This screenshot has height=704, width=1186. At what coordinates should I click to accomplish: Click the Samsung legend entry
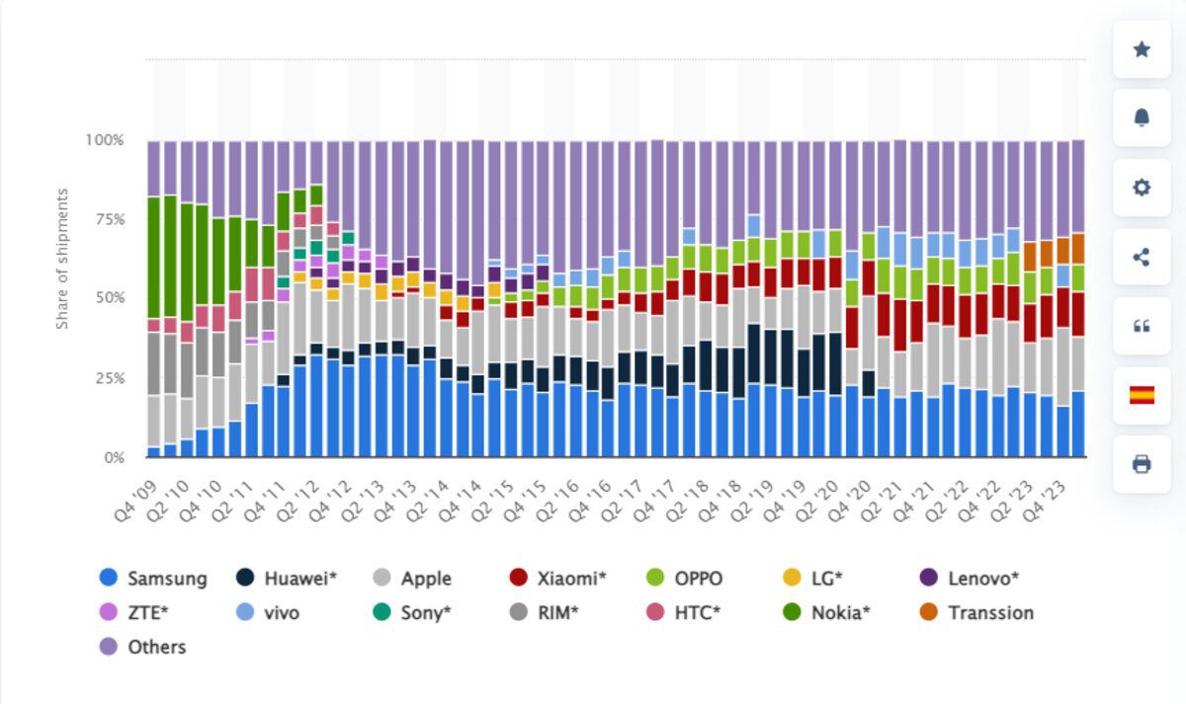click(153, 579)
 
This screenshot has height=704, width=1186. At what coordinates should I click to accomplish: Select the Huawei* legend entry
click(288, 579)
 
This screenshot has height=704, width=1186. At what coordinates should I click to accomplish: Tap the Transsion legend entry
click(977, 613)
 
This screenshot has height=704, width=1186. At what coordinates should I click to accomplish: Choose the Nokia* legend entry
click(828, 613)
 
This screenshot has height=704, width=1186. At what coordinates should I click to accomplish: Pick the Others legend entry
click(143, 648)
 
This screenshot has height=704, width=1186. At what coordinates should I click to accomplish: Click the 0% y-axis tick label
click(114, 458)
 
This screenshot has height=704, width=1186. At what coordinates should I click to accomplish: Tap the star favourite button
click(1142, 49)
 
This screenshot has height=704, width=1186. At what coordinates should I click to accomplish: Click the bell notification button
click(1142, 118)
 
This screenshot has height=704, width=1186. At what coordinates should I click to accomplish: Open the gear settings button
click(1142, 188)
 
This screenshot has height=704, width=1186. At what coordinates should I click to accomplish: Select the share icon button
click(1142, 257)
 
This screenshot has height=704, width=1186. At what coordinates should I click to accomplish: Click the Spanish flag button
click(1142, 395)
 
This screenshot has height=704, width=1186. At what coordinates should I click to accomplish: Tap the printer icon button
click(1142, 464)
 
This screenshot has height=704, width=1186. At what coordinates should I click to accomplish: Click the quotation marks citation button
click(1142, 326)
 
